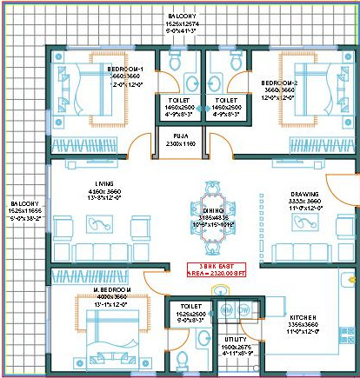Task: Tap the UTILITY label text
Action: [232, 340]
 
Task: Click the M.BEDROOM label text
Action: [114, 287]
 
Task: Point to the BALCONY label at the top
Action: [183, 17]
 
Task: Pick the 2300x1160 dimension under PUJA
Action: [181, 143]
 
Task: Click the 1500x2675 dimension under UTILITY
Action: [232, 347]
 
